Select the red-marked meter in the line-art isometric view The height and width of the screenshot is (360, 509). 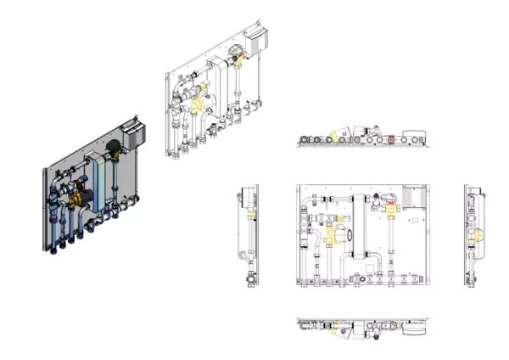(x=243, y=58)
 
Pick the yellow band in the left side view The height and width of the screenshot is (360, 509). (x=251, y=217)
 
